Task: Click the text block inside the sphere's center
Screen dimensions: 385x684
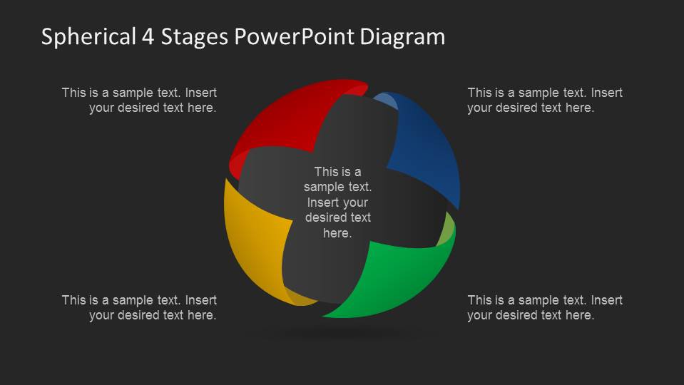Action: point(337,202)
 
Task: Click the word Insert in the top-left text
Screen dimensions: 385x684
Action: point(202,93)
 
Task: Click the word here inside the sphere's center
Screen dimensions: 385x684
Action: point(337,233)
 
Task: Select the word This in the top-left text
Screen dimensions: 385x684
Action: point(74,93)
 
